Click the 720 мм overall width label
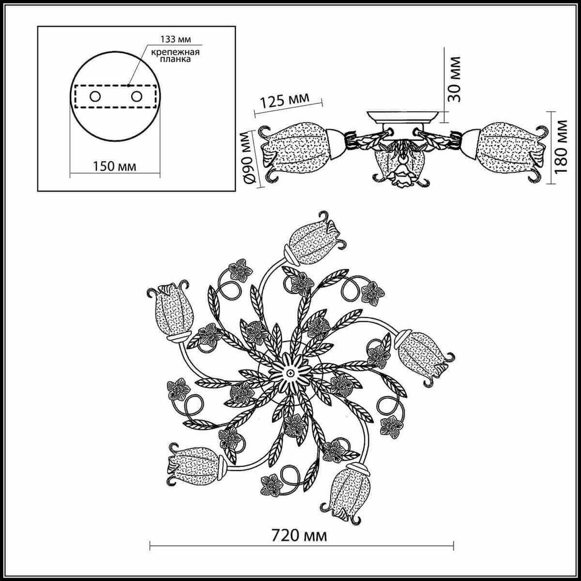point(300,536)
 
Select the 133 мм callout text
point(176,39)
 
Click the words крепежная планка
point(175,55)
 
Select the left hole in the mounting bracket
point(95,96)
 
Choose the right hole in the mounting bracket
point(137,96)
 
